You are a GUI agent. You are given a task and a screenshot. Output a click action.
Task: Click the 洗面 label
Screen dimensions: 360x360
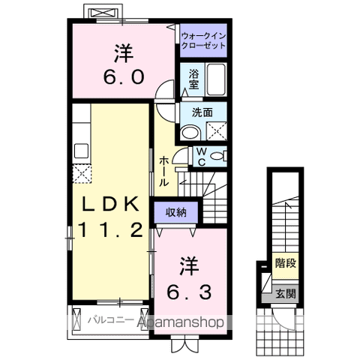(202, 112)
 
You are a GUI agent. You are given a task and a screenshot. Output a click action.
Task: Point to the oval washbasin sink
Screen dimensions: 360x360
(190, 132)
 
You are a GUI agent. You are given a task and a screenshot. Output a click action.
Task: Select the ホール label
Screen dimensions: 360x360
(163, 172)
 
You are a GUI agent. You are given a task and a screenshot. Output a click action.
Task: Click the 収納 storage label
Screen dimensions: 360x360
(176, 212)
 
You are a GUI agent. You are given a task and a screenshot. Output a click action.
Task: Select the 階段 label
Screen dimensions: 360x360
(285, 263)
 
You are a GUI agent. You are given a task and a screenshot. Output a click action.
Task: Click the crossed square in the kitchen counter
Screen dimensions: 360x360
(81, 173)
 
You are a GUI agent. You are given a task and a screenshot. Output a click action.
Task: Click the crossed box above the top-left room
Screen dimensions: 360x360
(103, 14)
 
